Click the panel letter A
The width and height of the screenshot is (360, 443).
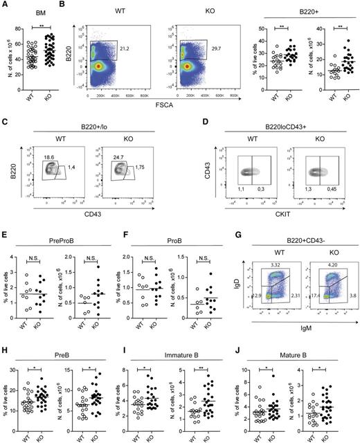5,6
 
